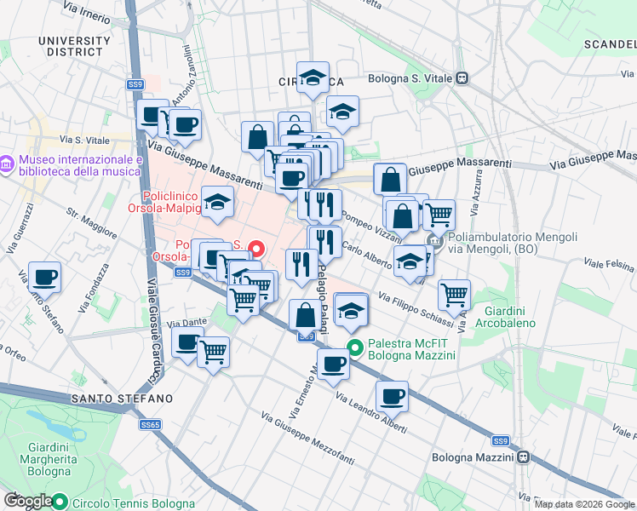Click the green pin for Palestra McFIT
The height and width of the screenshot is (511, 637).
pos(356,347)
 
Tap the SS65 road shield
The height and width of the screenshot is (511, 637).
pos(151,424)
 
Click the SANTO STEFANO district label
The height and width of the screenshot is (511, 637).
pos(122,399)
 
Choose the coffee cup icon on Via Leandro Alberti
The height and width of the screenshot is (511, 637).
pos(392,397)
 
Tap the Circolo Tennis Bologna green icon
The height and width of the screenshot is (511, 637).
pos(60,502)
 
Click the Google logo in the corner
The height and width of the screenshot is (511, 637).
pos(27,502)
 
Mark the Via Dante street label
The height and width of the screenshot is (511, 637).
pos(187,323)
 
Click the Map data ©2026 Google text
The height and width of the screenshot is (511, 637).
pos(584,504)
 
